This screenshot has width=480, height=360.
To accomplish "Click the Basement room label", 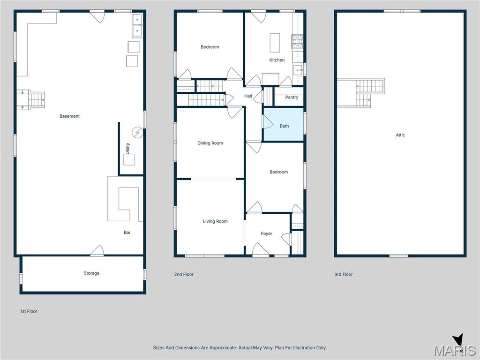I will (x=69, y=116).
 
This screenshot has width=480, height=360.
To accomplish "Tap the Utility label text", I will (x=127, y=149).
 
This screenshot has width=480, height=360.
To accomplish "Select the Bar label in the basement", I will (x=127, y=232).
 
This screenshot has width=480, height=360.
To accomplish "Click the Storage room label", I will (x=91, y=273).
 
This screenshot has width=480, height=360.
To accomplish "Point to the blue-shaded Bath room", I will (x=284, y=125).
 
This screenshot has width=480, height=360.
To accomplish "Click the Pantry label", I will (x=292, y=97).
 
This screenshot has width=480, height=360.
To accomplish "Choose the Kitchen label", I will (x=277, y=60).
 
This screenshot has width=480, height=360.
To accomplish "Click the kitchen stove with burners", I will (x=297, y=42).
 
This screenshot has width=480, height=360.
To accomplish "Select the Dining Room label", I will (x=210, y=143).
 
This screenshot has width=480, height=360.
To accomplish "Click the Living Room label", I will (x=215, y=222).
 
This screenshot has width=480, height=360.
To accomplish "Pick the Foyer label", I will (x=266, y=234).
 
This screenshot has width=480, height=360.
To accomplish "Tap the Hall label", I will (x=248, y=96).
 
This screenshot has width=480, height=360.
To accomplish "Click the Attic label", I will (x=400, y=135).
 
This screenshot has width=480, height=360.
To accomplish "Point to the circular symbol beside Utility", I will (x=137, y=133).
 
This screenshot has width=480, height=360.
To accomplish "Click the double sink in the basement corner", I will (x=137, y=25).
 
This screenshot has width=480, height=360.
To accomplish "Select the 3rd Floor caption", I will (x=343, y=275).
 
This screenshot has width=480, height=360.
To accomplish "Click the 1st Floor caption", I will (x=29, y=311).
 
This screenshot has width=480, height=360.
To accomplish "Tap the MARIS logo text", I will (x=454, y=351).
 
